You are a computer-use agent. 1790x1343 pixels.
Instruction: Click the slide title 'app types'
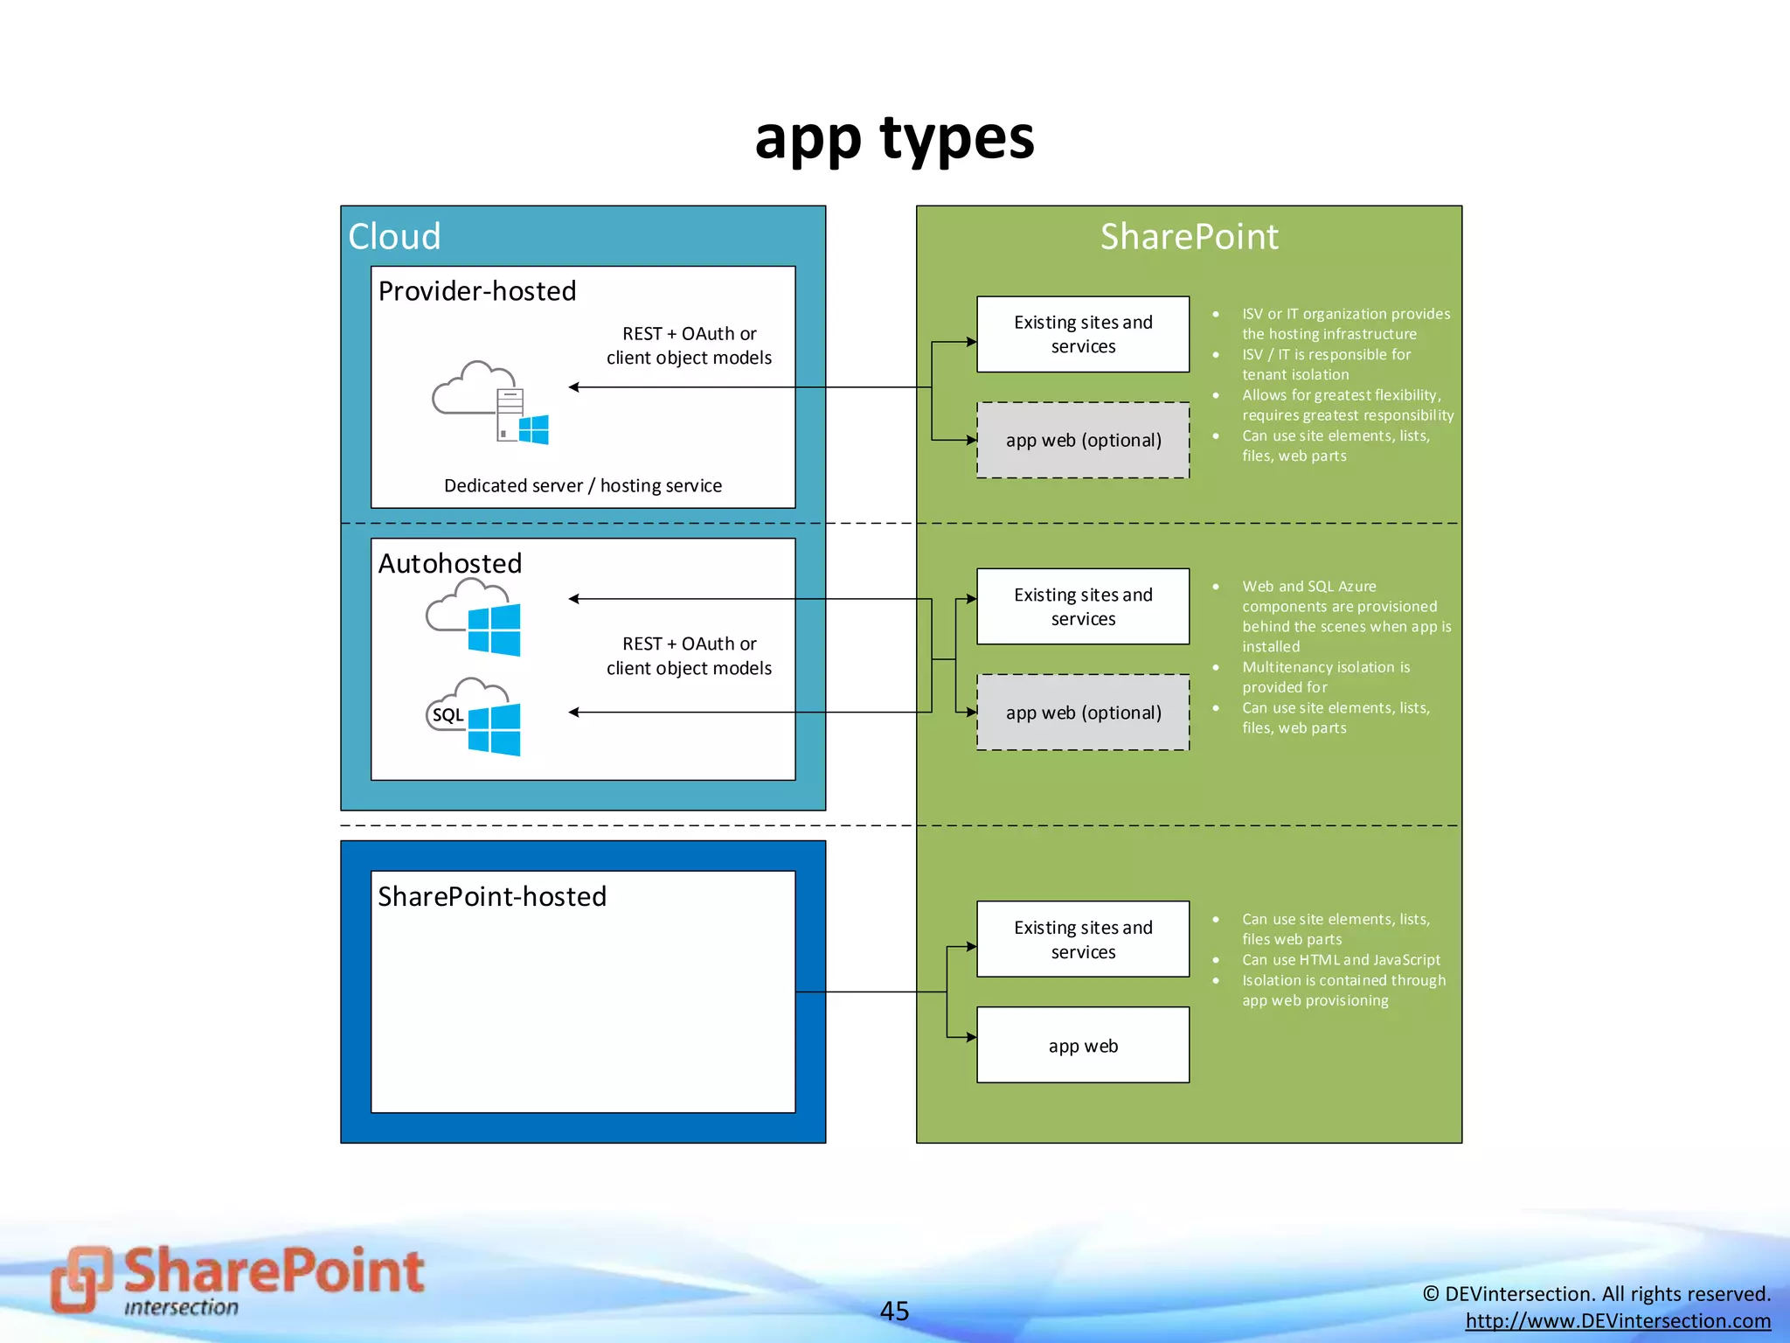pos(894,139)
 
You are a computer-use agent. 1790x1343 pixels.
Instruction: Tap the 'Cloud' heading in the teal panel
pos(394,237)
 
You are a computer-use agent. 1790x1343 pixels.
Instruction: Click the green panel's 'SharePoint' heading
pos(1189,237)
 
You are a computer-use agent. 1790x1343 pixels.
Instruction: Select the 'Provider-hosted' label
pos(477,291)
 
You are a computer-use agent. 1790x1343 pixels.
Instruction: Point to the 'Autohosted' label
pos(450,563)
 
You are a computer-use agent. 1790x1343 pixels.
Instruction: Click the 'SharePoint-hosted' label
pos(492,896)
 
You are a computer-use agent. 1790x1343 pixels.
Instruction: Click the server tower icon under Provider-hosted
pos(510,414)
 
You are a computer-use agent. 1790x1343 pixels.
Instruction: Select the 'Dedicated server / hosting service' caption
pos(583,485)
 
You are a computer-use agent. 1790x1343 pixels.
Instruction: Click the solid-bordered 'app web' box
pos(1083,1046)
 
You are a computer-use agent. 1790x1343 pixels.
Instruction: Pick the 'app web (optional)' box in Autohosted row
pos(1083,713)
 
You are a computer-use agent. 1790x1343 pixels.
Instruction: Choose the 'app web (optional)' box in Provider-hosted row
pos(1083,440)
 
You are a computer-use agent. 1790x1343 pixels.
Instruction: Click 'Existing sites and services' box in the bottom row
pos(1083,939)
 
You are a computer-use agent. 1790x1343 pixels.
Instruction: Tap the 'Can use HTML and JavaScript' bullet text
pos(1341,960)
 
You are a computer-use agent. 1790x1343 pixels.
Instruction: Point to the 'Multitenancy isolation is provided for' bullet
pos(1326,677)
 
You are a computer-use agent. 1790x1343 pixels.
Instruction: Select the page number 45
pos(894,1311)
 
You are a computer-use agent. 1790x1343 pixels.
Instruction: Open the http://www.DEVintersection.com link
pos(1618,1321)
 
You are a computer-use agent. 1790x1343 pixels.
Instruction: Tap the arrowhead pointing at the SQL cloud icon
pos(574,713)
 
